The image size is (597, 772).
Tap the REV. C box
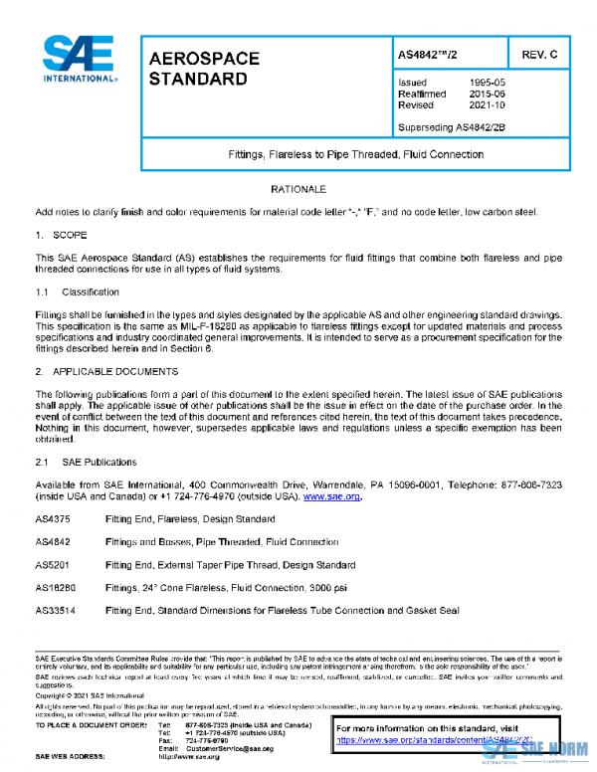[x=537, y=54]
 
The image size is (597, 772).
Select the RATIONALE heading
[x=298, y=189]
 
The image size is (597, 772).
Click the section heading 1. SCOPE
[x=62, y=235]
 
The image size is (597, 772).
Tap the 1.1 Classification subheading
[x=78, y=292]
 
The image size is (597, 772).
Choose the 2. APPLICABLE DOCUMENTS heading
[x=106, y=371]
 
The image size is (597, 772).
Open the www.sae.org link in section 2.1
[x=331, y=496]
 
